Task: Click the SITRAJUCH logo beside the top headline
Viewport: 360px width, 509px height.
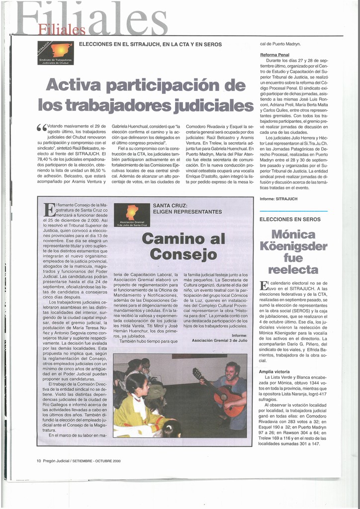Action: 55,53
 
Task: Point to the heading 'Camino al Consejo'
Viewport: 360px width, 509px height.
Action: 183,247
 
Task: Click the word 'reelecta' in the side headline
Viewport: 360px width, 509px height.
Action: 293,269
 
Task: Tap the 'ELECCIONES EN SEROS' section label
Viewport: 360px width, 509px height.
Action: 290,219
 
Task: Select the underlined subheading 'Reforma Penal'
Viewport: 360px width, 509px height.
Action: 274,55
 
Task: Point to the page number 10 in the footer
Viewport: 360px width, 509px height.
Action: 39,461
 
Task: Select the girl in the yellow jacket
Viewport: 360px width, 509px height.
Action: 137,403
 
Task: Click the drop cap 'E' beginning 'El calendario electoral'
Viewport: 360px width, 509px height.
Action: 264,285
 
